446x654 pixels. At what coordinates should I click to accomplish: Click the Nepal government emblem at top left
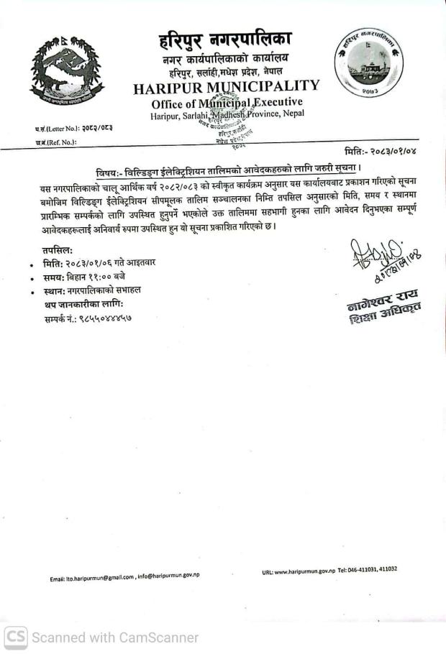(66, 73)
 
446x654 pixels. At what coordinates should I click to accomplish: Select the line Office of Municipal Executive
(227, 103)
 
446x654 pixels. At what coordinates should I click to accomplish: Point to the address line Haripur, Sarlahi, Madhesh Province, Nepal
(227, 114)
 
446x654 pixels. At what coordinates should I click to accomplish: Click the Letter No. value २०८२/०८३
(96, 128)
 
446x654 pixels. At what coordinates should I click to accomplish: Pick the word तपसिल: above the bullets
(58, 249)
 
